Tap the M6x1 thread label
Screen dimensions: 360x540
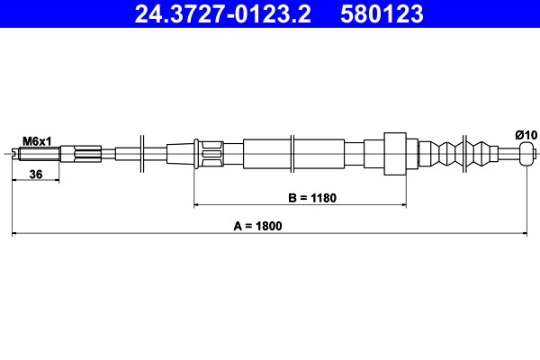point(37,140)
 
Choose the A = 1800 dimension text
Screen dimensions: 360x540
point(256,226)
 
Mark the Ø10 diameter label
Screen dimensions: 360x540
point(526,135)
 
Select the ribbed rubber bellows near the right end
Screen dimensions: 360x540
point(463,153)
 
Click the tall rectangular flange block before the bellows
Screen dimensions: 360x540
point(397,153)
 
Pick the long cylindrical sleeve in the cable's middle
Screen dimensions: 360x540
point(293,153)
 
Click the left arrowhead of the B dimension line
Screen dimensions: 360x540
point(198,206)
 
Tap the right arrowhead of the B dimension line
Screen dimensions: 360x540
point(406,206)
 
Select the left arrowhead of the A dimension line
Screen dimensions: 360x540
point(15,235)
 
